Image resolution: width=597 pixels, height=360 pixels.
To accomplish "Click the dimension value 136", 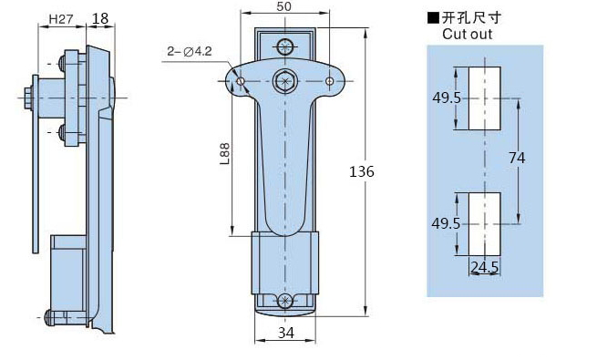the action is point(362,171).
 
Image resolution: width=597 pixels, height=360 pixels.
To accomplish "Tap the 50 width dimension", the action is point(284,6).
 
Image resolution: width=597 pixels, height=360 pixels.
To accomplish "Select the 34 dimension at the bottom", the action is point(285,333).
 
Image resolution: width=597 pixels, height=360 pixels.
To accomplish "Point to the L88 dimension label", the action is point(225,154).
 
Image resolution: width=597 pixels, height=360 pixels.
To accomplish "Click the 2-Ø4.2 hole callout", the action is point(190,51).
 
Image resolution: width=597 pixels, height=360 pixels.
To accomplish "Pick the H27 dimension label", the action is point(61,19).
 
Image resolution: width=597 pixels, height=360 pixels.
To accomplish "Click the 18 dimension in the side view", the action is point(100,18).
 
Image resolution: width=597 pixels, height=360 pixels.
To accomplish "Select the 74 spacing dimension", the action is point(517,158).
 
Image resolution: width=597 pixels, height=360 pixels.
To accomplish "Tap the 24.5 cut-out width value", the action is point(484,267).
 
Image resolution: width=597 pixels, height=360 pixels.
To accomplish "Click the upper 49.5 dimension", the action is point(447,98).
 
